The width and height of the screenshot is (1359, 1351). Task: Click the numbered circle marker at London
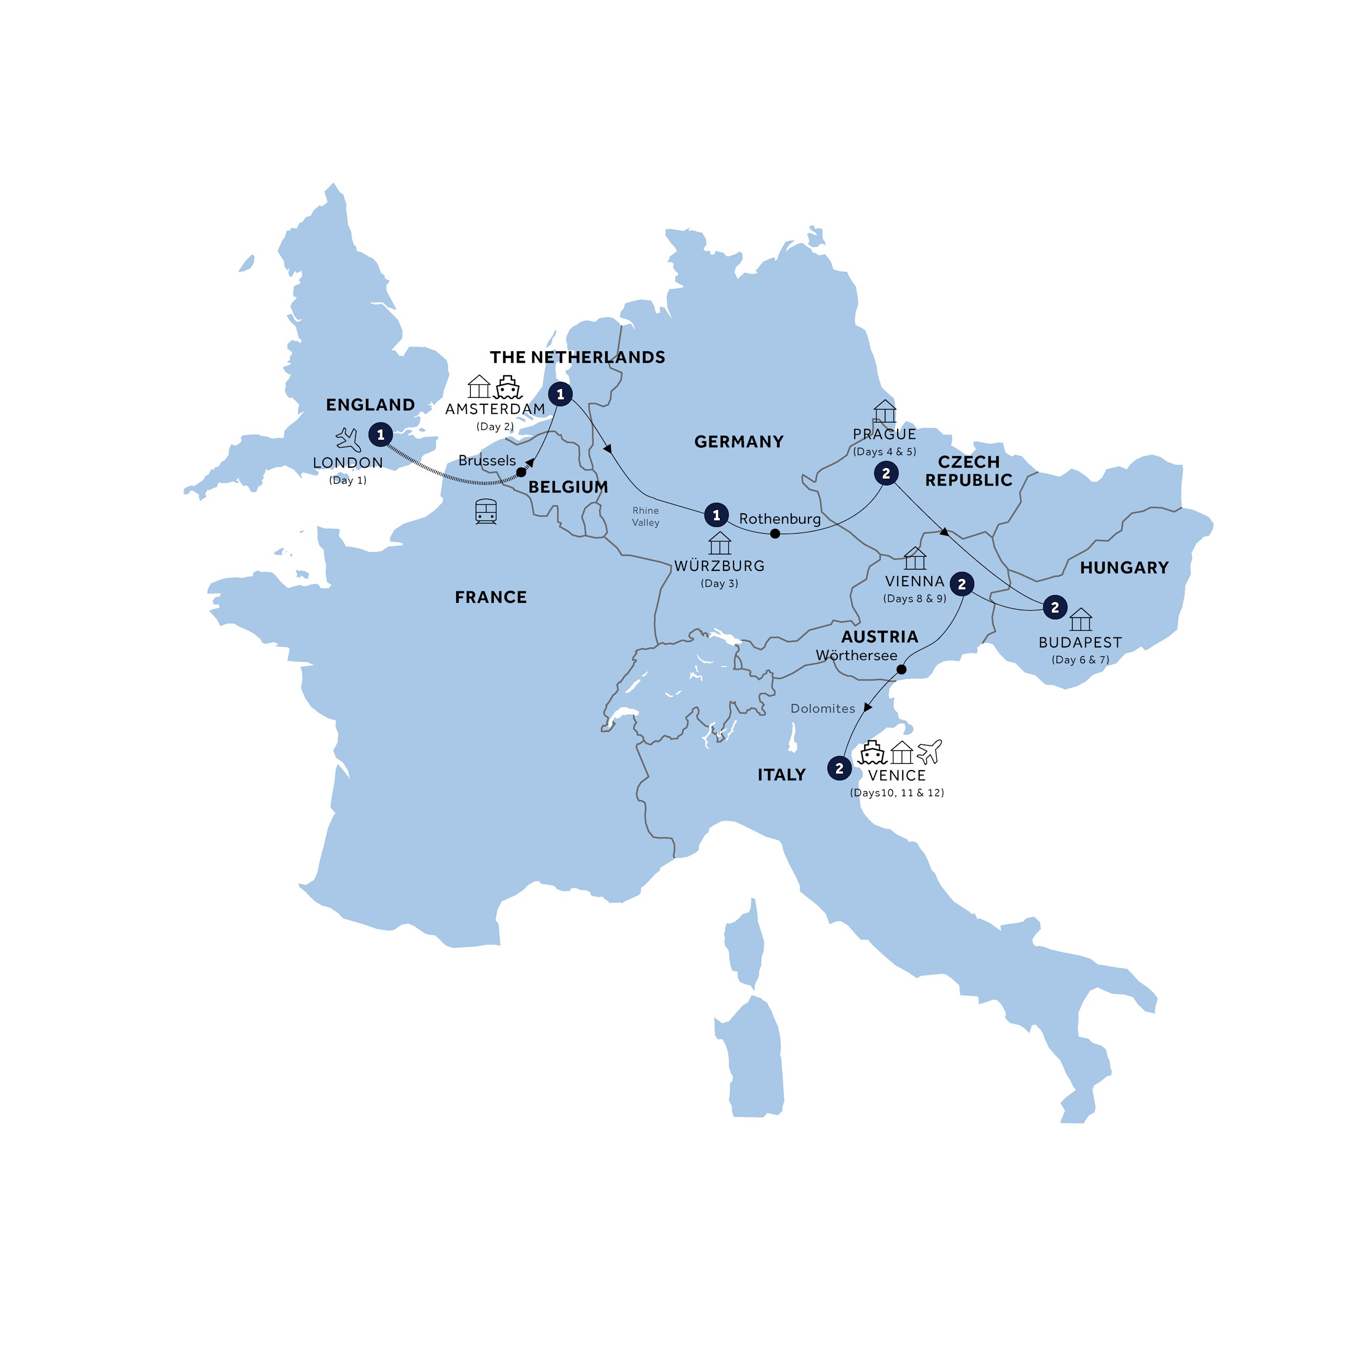coord(381,435)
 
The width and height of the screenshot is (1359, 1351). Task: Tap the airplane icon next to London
coord(348,439)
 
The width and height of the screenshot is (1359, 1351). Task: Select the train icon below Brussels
coord(486,511)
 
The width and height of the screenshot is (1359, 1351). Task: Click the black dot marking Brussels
coord(521,472)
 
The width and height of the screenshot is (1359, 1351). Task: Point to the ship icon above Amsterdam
coord(508,387)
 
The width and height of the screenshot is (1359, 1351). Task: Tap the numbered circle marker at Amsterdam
coord(560,394)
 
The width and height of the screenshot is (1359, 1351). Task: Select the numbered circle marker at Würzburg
coord(716,515)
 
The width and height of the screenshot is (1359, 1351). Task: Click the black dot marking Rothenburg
coord(774,534)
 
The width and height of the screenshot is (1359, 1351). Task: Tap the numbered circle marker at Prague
coord(886,473)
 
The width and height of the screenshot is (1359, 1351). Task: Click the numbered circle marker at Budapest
coord(1054,607)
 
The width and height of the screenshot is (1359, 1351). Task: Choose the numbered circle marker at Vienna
coord(962,583)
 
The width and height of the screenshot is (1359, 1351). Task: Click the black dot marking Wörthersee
coord(901,669)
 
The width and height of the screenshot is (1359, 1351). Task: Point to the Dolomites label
coord(822,708)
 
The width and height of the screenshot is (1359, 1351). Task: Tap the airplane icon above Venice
coord(929,751)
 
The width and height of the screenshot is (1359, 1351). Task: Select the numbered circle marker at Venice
coord(839,769)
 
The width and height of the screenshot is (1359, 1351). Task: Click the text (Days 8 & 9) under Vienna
coord(914,599)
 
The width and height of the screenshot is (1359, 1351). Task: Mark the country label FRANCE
coord(490,597)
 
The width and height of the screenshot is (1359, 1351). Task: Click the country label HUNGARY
coord(1124,568)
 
